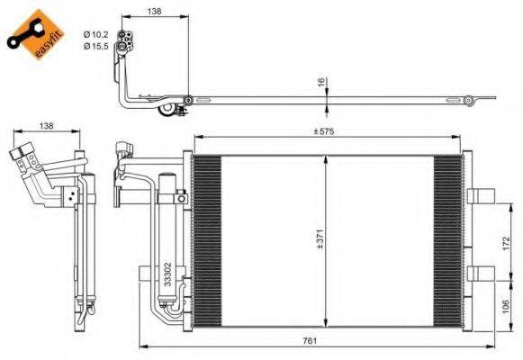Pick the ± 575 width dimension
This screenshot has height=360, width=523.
[x=324, y=131]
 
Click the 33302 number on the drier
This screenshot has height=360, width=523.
[x=167, y=274]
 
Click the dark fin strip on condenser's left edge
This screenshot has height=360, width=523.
[x=206, y=238]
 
